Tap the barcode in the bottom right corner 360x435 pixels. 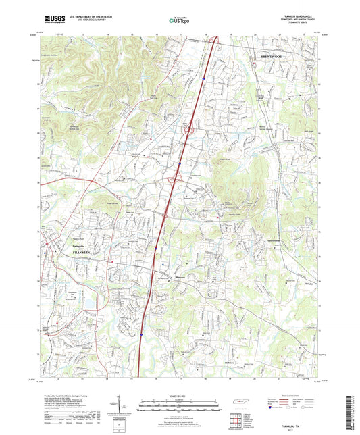click(x=351, y=412)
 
